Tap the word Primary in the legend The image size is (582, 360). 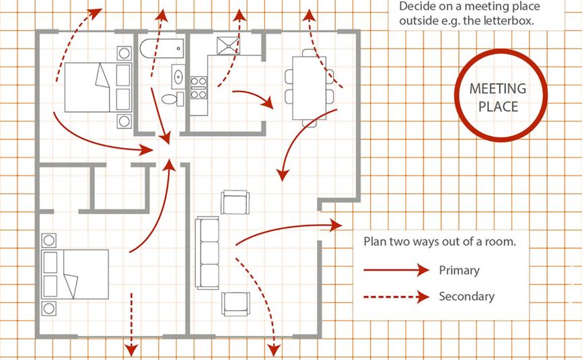pos(459,271)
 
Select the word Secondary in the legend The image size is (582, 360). pos(466,296)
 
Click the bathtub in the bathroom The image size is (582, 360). pos(161,48)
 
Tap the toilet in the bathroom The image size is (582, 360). pos(171,99)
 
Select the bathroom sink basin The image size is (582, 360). pos(178,76)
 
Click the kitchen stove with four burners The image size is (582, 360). pos(198,87)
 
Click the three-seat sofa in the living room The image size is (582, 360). pos(207,252)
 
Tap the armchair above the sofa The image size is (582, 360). pos(235,202)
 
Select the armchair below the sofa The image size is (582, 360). pos(235,303)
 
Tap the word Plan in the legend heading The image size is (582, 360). pos(374,242)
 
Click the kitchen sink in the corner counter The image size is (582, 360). pos(227,46)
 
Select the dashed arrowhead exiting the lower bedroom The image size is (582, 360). pos(132,349)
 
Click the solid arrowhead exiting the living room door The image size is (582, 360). pos(336,225)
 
